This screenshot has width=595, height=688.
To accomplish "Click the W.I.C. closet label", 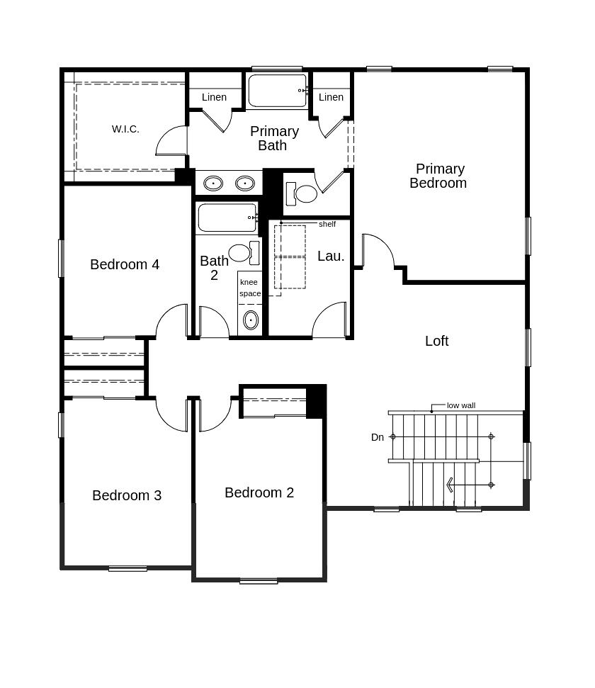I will pos(125,129).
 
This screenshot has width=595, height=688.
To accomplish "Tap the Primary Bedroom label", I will pos(438,176).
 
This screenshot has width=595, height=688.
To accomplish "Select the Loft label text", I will pos(436,341).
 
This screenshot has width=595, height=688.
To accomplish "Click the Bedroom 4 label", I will pos(125,264).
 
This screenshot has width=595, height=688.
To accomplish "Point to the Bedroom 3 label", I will pos(127,495).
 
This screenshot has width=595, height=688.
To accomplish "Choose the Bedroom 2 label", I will pos(259,492).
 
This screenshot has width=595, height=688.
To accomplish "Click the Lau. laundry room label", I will pos(331,256).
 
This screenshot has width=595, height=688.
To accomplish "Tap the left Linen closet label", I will pos(214,97).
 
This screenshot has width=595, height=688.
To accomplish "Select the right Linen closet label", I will pos(331,97).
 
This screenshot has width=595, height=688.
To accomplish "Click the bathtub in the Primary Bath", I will pos(278,91).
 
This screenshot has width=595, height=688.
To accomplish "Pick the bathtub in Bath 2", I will pos(227,218).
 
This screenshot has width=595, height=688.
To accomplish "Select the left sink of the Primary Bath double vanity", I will pos(213,184).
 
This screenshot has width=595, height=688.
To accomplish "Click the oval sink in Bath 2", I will pos(251,320).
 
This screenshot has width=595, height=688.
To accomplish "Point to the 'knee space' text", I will pos(249,288).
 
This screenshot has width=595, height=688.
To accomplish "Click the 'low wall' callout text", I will pos(461,405).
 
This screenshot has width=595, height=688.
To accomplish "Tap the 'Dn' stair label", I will pos(378,437).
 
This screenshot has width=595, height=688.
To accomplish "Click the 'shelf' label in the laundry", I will pos(327,224).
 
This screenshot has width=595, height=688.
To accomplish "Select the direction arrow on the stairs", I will pos(449,485).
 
